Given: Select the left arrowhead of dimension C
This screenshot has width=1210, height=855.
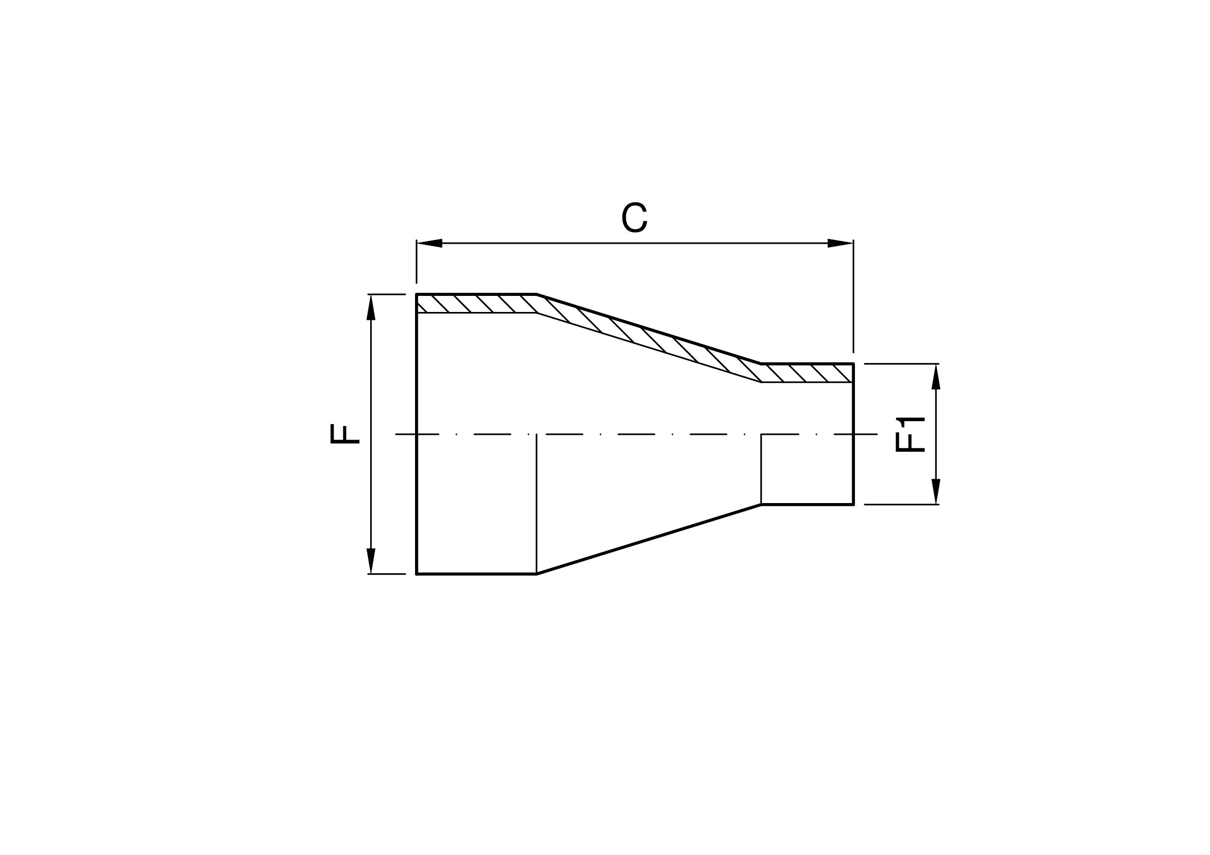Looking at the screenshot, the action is tap(430, 243).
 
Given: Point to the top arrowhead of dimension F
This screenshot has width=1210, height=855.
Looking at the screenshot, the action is tap(371, 307).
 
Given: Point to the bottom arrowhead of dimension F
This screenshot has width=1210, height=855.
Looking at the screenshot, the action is tap(371, 561).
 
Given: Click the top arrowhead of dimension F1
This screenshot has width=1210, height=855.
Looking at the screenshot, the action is tap(936, 377).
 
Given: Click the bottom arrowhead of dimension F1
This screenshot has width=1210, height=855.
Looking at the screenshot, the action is tap(936, 491).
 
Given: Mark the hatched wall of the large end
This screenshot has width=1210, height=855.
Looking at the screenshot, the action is tap(476, 303).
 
